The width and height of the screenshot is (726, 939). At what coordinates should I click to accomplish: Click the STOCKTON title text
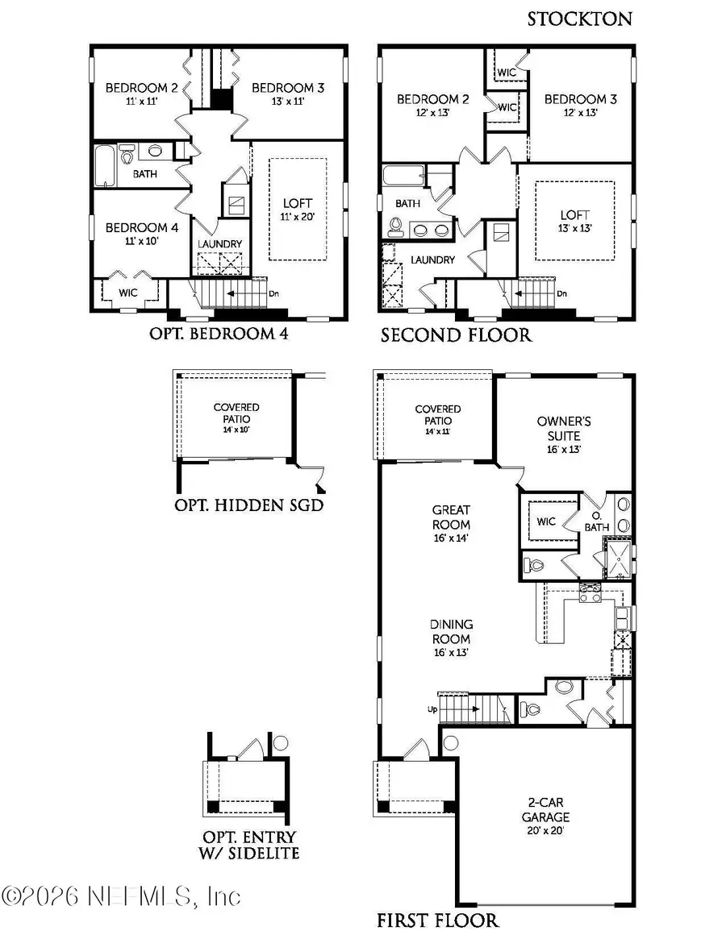point(581,19)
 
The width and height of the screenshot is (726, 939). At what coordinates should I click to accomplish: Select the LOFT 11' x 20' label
point(297,210)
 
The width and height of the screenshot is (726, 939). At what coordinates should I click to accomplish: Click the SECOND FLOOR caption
point(456,334)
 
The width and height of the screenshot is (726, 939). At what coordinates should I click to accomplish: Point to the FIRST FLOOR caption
point(437,920)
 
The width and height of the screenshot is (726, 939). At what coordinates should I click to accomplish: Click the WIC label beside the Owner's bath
point(546,521)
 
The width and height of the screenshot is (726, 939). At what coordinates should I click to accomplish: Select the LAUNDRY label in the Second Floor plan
point(432,260)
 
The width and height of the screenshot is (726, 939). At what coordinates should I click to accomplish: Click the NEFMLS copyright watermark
point(121,895)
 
